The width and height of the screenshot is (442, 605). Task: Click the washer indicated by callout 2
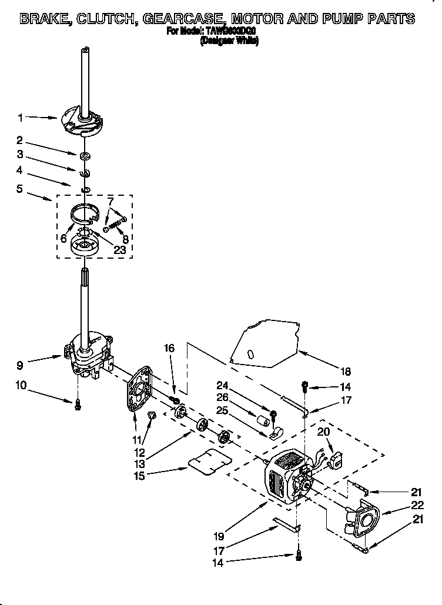pos(86,156)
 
